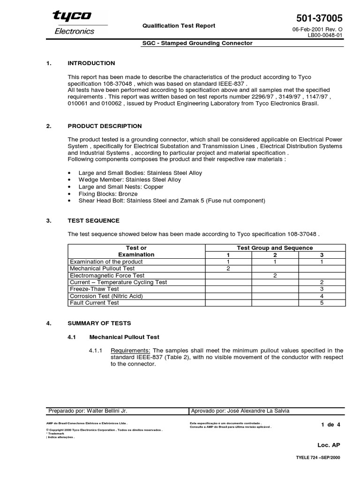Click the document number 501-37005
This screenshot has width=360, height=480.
[320, 18]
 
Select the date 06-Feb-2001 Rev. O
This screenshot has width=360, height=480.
[317, 30]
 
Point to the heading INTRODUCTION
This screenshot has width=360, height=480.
[91, 63]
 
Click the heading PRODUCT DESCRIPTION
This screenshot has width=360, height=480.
[105, 126]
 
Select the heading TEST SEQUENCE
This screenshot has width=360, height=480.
[93, 220]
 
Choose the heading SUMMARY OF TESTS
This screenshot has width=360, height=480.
[99, 323]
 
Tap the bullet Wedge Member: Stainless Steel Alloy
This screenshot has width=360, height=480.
[129, 180]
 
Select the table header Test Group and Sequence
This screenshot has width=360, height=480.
[275, 247]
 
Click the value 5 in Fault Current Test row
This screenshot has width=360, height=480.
[322, 303]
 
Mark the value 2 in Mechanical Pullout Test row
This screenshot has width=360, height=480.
[228, 269]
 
